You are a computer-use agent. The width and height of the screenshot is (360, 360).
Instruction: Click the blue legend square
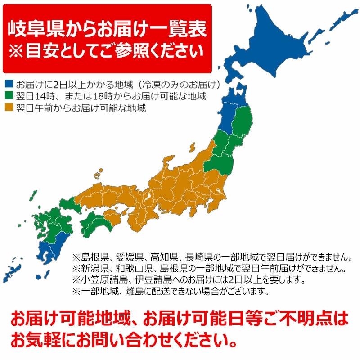tap(8, 84)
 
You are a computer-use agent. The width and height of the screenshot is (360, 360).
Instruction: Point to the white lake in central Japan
tap(147, 198)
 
